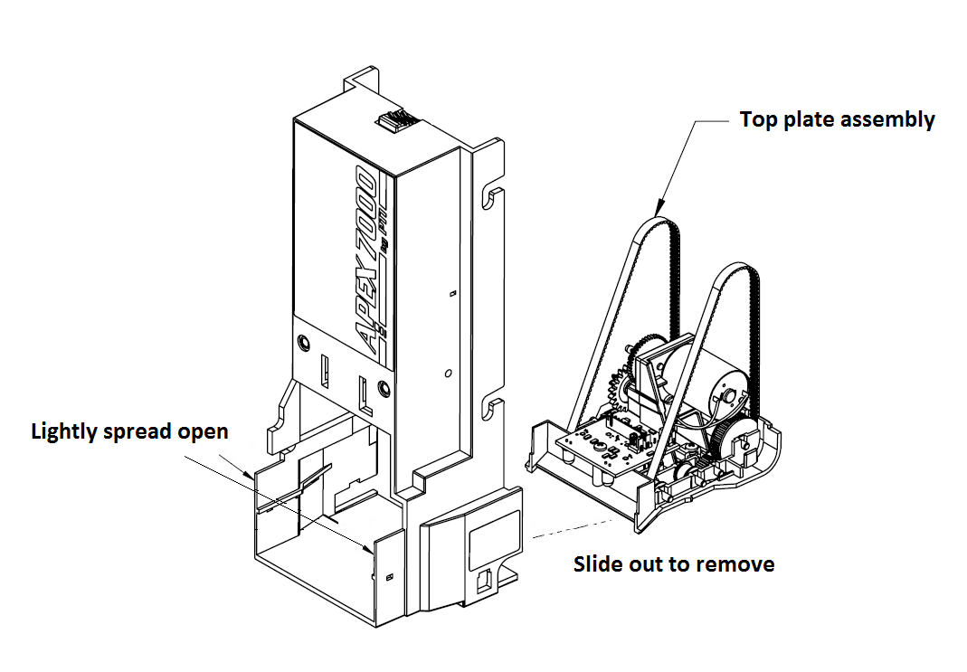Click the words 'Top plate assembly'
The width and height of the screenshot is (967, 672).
tap(837, 119)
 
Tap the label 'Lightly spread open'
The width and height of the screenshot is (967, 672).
tap(129, 431)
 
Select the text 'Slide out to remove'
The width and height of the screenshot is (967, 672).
tap(674, 564)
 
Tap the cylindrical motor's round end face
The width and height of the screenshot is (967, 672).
tap(727, 394)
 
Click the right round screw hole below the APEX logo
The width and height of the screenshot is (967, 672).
tap(385, 389)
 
